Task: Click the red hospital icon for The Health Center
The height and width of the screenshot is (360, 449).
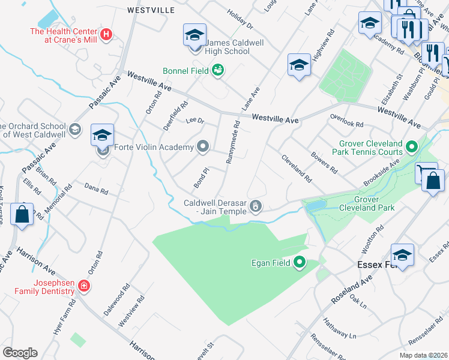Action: point(107,35)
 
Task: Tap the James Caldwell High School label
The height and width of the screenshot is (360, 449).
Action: point(227,47)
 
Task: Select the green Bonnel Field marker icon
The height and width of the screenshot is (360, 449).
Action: point(218,71)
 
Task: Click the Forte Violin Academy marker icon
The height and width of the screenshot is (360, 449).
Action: point(203,146)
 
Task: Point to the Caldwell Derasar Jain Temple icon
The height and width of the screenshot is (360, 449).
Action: point(256,207)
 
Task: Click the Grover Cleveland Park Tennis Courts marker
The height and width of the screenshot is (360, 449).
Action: point(412,146)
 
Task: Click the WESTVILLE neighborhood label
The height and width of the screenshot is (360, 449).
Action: point(151,10)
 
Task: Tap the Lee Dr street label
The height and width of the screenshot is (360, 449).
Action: point(195,121)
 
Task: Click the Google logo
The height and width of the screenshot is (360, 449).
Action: point(20,353)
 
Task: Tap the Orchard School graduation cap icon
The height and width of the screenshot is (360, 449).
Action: point(75,129)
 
